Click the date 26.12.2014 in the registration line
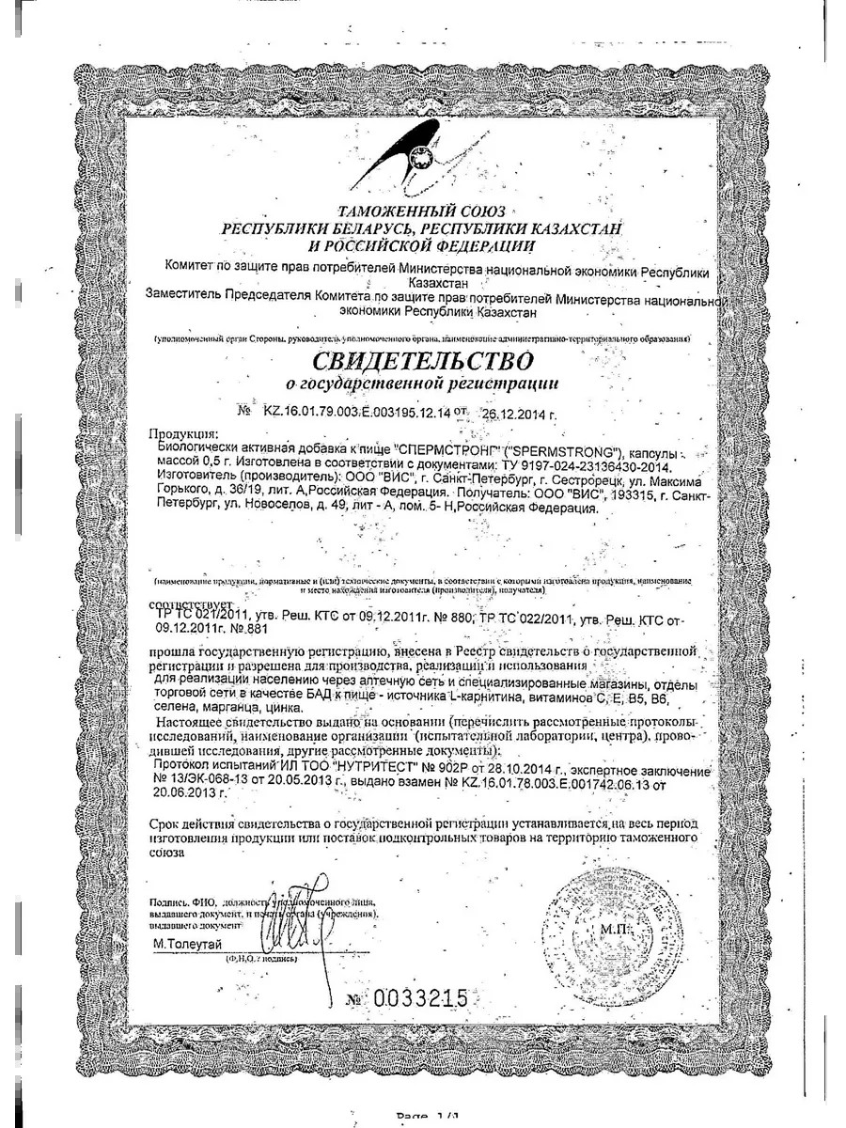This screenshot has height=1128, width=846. pos(520,411)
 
